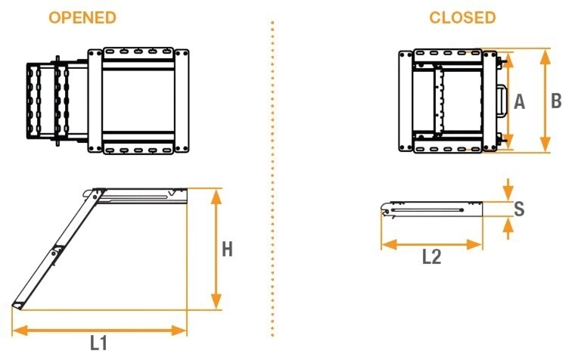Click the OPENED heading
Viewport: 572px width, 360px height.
tap(82, 17)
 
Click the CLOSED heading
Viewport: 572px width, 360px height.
tap(462, 17)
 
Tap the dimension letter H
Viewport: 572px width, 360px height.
tap(227, 250)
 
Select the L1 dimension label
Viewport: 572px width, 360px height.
tap(98, 343)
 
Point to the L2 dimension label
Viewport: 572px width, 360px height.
tap(431, 256)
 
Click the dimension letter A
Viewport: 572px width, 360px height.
tap(520, 101)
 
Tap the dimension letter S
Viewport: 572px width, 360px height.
tap(519, 209)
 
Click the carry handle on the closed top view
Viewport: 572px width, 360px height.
tap(502, 101)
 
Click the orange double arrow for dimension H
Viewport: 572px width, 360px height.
tap(216, 249)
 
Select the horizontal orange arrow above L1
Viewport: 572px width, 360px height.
tap(99, 331)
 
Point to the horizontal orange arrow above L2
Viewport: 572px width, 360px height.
tap(431, 244)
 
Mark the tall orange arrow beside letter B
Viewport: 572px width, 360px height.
tap(545, 101)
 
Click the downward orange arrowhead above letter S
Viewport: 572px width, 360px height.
tap(508, 191)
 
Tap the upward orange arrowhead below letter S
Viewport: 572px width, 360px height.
tap(508, 228)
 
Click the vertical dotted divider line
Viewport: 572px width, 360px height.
tap(272, 178)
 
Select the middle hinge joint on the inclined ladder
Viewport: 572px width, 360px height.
tap(57, 251)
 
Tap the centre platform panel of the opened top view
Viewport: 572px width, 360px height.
tap(138, 101)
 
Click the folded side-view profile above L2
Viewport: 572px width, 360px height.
tap(431, 209)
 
